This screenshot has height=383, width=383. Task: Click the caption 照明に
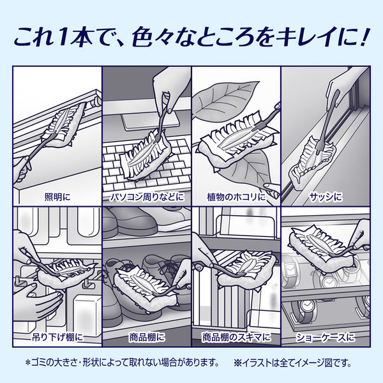(58, 197)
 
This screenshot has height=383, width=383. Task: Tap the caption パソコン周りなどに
(147, 197)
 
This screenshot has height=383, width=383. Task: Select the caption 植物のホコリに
(236, 197)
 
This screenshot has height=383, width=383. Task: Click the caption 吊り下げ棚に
(58, 336)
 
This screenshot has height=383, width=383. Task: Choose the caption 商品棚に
(147, 336)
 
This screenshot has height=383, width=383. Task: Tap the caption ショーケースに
(325, 336)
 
